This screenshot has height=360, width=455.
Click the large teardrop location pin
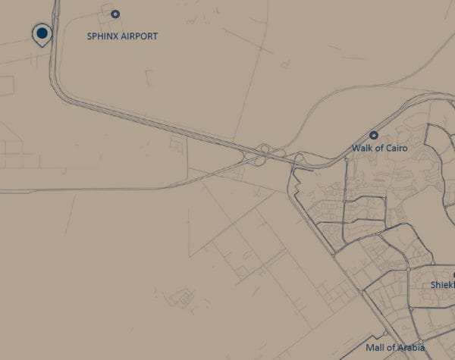[x=42, y=33]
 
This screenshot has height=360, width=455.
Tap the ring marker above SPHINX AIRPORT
[x=115, y=14]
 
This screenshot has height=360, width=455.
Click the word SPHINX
[x=105, y=36]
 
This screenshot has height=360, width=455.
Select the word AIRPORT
[x=141, y=36]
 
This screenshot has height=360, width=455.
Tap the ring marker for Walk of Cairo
[x=374, y=134]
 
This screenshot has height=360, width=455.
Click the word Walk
[x=362, y=149]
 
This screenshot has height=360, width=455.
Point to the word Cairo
[x=395, y=149]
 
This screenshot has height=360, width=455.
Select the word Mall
[x=375, y=348]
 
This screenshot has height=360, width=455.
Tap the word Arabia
[x=410, y=348]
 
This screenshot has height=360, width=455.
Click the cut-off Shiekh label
[x=442, y=285]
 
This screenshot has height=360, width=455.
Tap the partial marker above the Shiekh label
[x=453, y=275]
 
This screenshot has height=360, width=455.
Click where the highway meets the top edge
[x=56, y=2]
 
